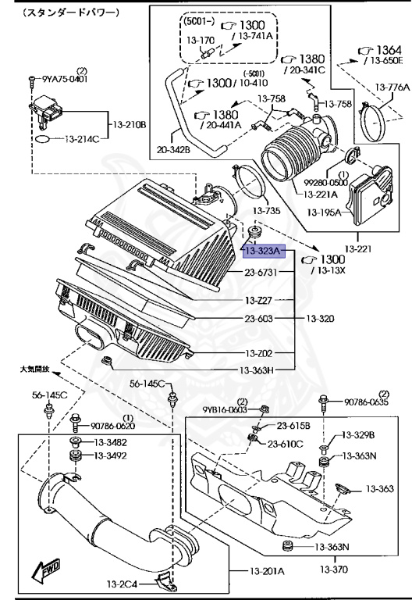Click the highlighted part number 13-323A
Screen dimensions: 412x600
(264, 251)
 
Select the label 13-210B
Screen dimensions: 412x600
(130, 125)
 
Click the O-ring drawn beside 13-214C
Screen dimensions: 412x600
(42, 139)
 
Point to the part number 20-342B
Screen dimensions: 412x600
(173, 149)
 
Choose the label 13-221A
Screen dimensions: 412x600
(320, 195)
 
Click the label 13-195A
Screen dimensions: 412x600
(324, 212)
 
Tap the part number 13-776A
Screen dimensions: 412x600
(392, 87)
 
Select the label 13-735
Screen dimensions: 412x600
(266, 210)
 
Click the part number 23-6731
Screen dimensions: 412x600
(261, 272)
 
